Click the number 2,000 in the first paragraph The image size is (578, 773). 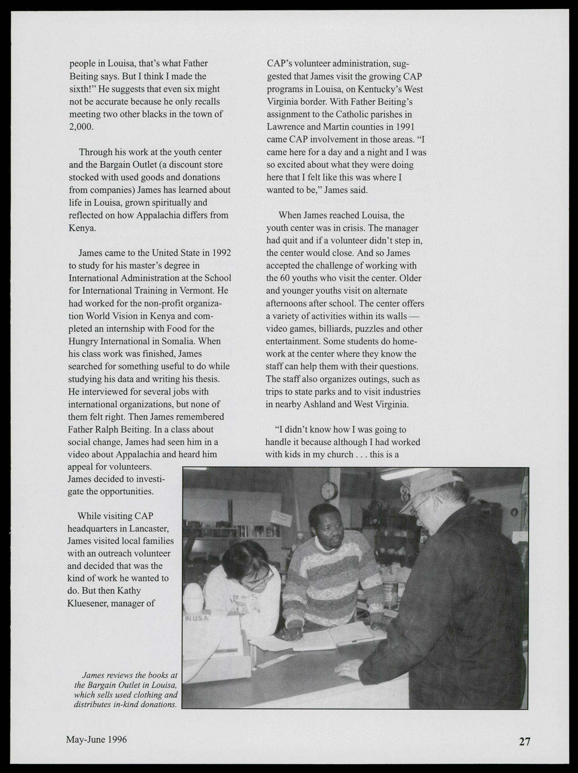pos(81,126)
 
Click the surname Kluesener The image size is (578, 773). pos(87,603)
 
